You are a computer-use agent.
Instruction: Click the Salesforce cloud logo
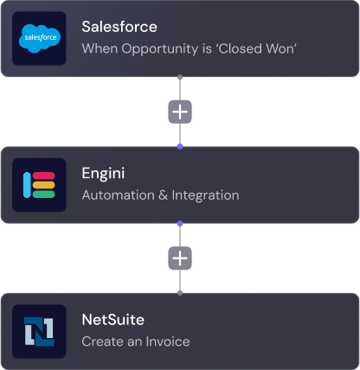point(40,39)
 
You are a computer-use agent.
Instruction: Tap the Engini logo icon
point(39,185)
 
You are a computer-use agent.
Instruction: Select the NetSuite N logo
point(39,331)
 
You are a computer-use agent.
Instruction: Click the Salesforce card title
point(119,27)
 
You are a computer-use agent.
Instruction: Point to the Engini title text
point(103,173)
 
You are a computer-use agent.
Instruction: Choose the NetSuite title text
point(113,320)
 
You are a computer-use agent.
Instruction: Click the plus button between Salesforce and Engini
point(180,112)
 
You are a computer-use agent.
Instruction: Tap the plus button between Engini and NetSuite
point(180,258)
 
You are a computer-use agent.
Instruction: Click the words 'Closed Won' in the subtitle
point(256,48)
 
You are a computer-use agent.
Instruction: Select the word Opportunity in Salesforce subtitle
point(160,49)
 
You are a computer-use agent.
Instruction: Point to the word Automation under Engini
point(119,195)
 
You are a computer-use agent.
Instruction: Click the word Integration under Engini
point(205,195)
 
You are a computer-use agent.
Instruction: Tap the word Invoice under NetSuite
point(168,341)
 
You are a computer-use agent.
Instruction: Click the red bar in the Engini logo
point(43,175)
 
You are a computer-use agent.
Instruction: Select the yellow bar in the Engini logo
point(43,185)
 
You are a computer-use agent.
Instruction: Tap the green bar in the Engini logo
point(43,195)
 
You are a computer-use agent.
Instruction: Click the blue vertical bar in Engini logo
point(27,185)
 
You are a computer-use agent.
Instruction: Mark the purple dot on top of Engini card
point(180,146)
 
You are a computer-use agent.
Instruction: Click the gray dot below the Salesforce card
point(180,77)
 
